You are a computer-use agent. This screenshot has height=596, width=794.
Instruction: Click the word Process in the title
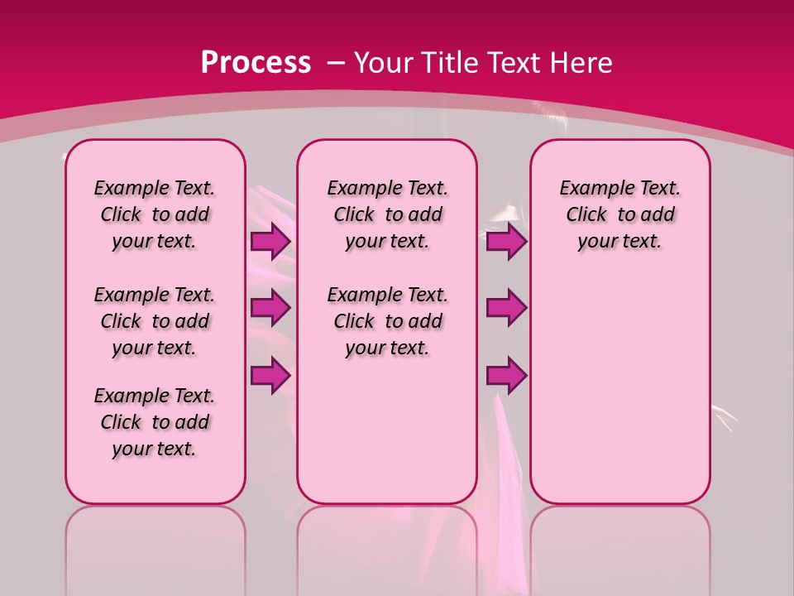tap(256, 62)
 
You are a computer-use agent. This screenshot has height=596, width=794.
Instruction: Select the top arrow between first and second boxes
tap(270, 242)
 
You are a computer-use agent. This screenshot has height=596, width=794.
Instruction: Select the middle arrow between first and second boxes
tap(270, 308)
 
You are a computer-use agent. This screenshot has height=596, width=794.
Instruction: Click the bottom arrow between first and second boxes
tap(270, 376)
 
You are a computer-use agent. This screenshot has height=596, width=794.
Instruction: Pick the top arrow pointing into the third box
tap(506, 242)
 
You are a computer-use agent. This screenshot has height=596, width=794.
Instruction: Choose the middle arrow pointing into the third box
tap(506, 308)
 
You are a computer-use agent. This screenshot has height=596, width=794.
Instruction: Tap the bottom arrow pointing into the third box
tap(506, 376)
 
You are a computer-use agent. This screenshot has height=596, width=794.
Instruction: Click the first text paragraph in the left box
tap(155, 214)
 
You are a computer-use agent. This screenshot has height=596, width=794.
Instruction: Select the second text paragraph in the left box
tap(155, 321)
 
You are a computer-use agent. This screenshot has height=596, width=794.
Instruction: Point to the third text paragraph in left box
tap(155, 422)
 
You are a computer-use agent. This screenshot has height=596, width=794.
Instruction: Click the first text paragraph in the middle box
tap(387, 214)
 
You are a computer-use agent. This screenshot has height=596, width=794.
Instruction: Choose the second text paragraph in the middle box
tap(387, 321)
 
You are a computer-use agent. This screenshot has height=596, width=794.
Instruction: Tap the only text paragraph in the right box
tap(619, 214)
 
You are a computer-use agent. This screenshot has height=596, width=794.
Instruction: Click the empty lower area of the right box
tap(619, 389)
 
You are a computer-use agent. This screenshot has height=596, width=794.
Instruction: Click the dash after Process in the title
tap(336, 64)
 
